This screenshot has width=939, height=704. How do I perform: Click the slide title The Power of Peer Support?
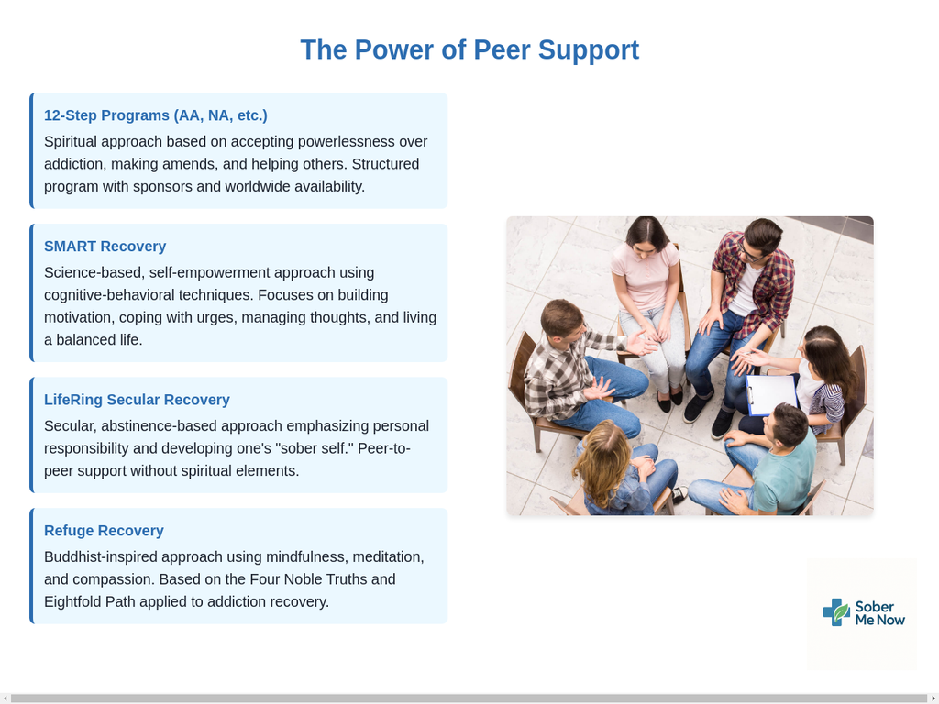coord(469,49)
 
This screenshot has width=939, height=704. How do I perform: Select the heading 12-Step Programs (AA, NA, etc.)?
coord(156,115)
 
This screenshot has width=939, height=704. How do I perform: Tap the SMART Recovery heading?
coord(105,246)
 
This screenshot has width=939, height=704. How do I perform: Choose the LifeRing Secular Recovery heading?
coord(137,400)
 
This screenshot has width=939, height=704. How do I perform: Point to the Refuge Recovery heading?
coord(104,531)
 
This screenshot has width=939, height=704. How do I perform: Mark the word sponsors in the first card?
coord(162,187)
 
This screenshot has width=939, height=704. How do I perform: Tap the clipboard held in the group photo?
coord(771,394)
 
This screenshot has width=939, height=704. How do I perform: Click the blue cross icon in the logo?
coord(836,612)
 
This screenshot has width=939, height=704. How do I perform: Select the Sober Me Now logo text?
coord(879,613)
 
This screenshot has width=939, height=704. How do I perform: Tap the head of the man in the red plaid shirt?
coord(762,236)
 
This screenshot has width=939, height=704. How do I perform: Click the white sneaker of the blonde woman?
coord(680,494)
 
